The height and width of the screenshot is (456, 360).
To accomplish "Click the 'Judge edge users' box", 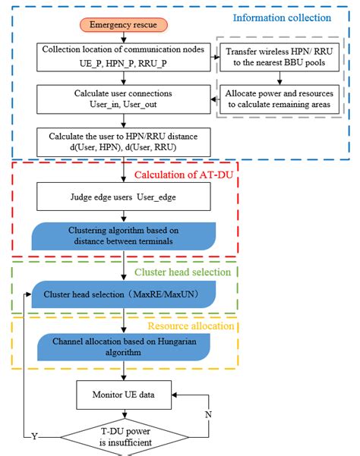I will [x=122, y=200].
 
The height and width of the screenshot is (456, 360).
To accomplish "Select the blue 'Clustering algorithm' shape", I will [x=122, y=236].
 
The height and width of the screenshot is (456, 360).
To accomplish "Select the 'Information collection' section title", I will [x=281, y=17].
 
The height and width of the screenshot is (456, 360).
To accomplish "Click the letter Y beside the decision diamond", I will [x=35, y=436].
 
